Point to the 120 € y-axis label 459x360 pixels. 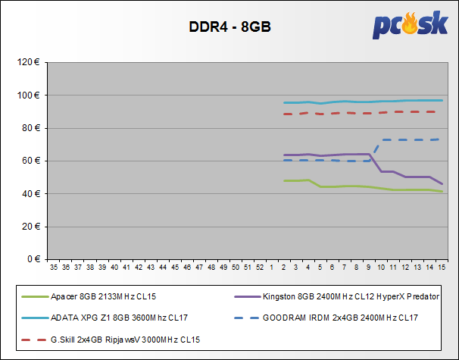point(28,62)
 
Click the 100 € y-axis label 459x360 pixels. point(28,95)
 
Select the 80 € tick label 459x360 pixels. point(30,128)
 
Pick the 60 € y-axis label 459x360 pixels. point(30,161)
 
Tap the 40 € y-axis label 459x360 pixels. point(30,193)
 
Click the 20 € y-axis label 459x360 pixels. point(30,227)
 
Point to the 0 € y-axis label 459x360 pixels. point(33,259)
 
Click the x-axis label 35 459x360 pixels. point(54,268)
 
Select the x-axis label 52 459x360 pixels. point(259,268)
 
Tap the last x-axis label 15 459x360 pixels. point(442,268)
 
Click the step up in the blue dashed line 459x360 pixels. point(376,150)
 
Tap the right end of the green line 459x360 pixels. point(442,191)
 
